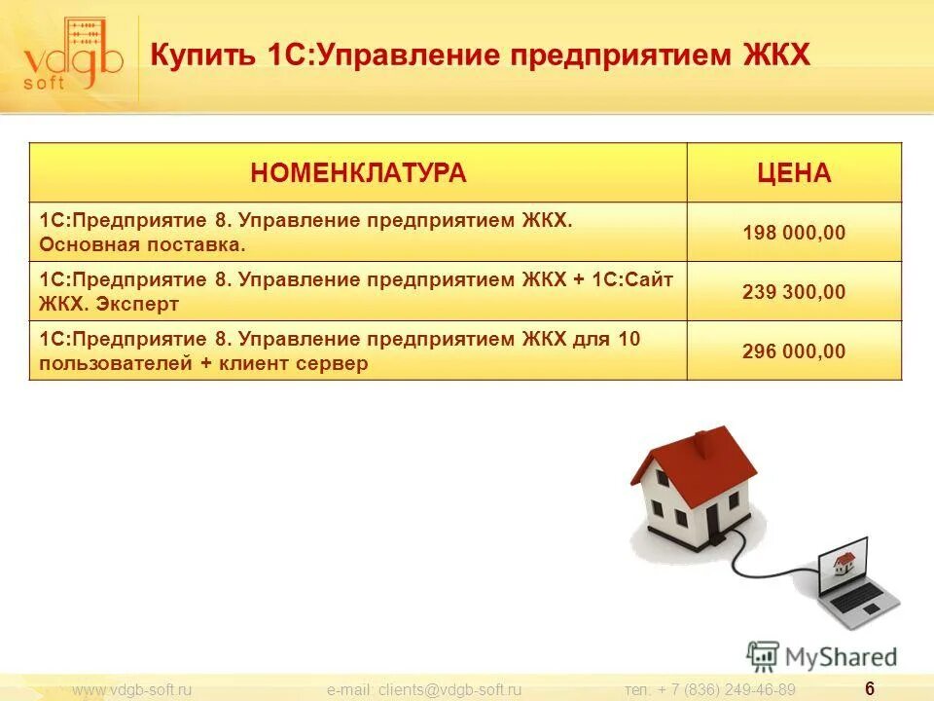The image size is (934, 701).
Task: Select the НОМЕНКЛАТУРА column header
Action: [x=358, y=173]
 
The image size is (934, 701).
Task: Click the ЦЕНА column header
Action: [x=794, y=173]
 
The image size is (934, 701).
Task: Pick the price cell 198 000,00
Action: [x=794, y=233]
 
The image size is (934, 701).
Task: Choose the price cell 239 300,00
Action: [x=794, y=292]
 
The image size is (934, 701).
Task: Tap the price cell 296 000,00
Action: [x=794, y=351]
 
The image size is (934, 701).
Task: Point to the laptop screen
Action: [x=844, y=560]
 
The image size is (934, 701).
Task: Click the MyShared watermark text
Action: [x=840, y=657]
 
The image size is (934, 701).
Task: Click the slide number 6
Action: [x=869, y=688]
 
